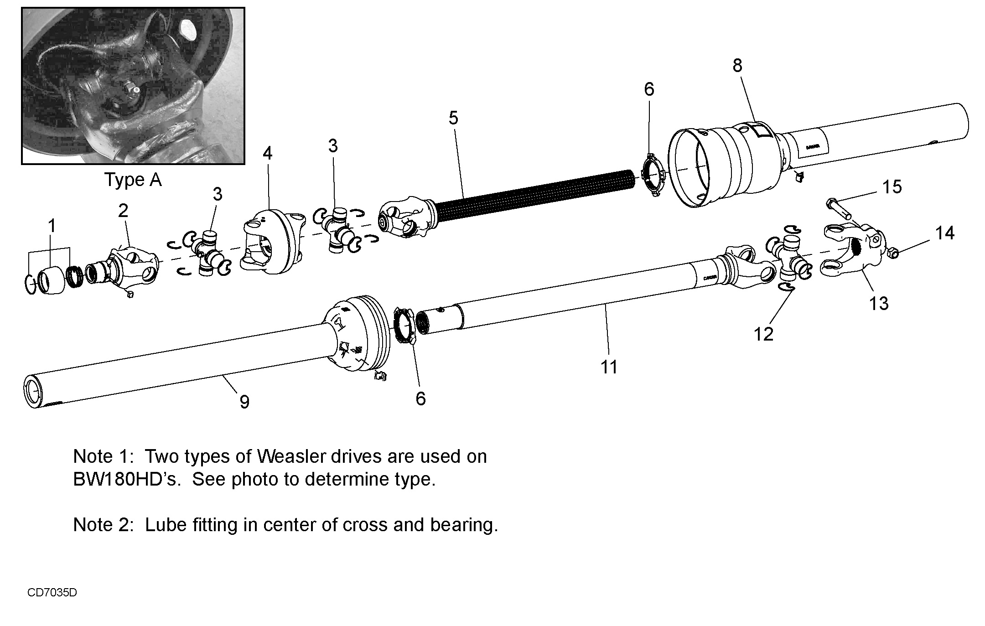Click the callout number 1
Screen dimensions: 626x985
coord(52,226)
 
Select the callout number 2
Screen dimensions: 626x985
coord(123,210)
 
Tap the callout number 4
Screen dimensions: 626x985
coord(268,154)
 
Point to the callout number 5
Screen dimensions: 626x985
coord(453,118)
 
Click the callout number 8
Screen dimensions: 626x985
coord(737,66)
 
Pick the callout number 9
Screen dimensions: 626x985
coord(244,402)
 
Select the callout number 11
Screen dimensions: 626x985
coord(609,367)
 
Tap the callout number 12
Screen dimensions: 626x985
coord(764,334)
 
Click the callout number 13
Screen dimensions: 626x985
coord(879,303)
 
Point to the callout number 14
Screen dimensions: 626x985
coord(945,233)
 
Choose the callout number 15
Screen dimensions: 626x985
coord(892,186)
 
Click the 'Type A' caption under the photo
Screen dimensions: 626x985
coord(133,180)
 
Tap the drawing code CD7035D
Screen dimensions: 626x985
coord(52,593)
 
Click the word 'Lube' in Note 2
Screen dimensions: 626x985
coord(166,525)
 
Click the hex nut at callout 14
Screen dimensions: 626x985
coord(893,252)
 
